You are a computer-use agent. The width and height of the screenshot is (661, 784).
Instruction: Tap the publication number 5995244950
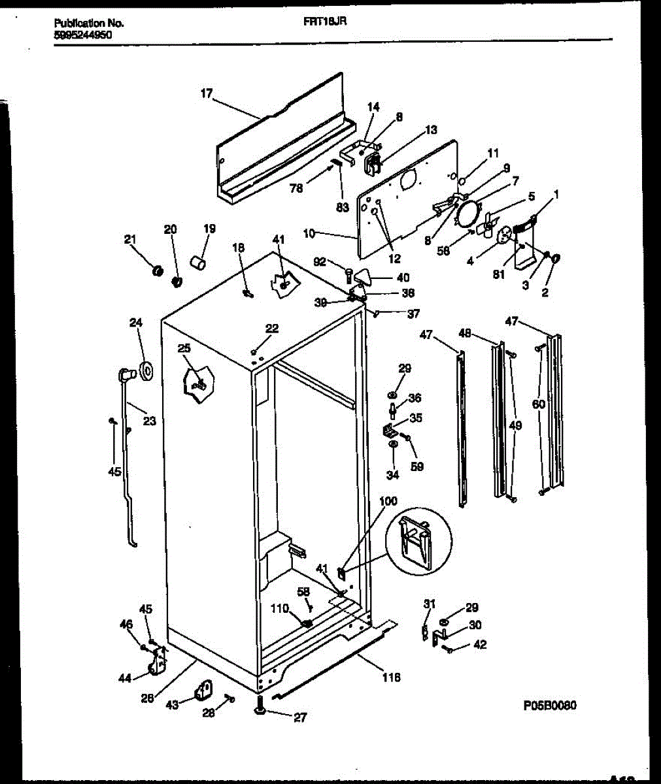coord(82,36)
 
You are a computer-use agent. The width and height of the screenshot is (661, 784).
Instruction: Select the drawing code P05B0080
coord(550,706)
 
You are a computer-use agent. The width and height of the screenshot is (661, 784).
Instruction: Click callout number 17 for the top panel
coord(207,94)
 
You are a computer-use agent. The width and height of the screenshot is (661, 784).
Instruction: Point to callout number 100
coord(388,501)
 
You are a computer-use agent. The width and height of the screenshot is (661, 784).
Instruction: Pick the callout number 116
coord(392,678)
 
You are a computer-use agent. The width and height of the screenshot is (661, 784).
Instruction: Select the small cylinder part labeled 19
coord(197,263)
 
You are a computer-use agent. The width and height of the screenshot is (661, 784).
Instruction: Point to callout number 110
coord(279,608)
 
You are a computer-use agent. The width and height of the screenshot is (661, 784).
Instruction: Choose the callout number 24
coord(135,322)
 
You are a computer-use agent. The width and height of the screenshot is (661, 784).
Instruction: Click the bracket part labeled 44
coord(157,664)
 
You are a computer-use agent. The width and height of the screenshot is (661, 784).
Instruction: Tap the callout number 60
coord(538,404)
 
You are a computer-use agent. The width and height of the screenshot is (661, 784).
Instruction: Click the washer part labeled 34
coord(393,445)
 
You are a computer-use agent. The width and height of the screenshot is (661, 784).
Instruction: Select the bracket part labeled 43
coord(204,690)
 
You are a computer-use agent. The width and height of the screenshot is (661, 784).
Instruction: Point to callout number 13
coord(431,130)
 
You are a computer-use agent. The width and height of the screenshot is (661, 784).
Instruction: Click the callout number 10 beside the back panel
coord(310,232)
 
